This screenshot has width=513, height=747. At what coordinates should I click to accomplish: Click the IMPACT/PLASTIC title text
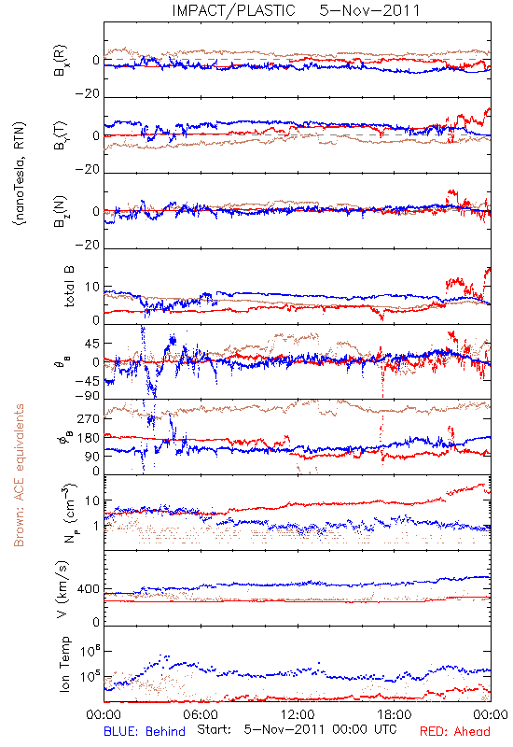(x=234, y=10)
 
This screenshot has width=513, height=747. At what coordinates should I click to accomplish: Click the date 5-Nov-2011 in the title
(x=369, y=10)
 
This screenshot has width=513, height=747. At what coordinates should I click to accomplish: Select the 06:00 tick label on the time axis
(x=201, y=714)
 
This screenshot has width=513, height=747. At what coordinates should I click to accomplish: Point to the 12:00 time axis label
(x=298, y=714)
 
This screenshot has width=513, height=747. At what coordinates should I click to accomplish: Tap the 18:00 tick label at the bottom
(x=395, y=714)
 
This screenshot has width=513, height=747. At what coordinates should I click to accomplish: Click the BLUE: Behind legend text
(x=145, y=731)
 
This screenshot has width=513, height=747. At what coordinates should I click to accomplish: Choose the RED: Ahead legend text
(x=454, y=731)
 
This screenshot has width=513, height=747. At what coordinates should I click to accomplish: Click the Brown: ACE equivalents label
(x=19, y=475)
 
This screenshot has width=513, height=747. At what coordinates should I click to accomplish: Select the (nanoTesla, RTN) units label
(x=20, y=174)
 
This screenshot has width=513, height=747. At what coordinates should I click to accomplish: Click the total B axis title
(x=68, y=287)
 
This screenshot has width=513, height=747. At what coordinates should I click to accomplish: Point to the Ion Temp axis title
(x=64, y=664)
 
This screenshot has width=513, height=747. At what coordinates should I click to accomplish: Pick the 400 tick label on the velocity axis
(x=88, y=589)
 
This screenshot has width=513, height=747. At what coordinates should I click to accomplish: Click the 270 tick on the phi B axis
(x=89, y=418)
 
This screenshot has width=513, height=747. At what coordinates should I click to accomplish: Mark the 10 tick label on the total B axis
(x=92, y=288)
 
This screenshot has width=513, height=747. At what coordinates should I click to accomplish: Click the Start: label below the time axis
(x=215, y=730)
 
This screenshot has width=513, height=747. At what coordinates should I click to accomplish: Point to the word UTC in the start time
(x=385, y=730)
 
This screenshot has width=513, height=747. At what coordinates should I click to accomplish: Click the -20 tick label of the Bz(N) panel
(x=88, y=246)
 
